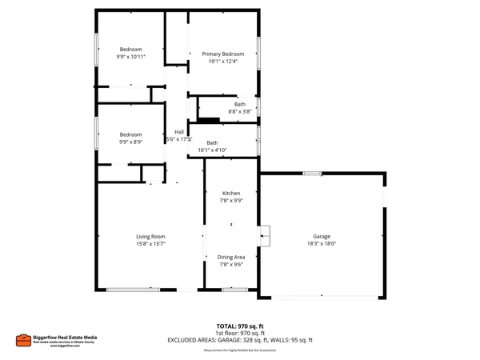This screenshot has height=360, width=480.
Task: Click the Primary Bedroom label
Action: (x=222, y=54)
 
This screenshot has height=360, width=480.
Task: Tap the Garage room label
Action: (x=322, y=237)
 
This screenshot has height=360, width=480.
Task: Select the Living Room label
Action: (x=150, y=236)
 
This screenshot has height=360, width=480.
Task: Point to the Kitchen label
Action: (x=231, y=194)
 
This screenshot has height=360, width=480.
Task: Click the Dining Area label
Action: (x=231, y=257)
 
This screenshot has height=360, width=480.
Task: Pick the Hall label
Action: (x=180, y=132)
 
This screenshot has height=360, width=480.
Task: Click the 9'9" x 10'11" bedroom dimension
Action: (x=131, y=57)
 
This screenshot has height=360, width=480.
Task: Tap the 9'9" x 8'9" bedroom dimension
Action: (x=131, y=142)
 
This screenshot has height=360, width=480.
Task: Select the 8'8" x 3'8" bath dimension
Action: (x=240, y=112)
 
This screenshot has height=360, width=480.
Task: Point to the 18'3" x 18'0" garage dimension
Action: (x=322, y=244)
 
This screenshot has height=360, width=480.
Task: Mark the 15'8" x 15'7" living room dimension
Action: (x=150, y=243)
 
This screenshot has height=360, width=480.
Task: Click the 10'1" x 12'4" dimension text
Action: (x=222, y=61)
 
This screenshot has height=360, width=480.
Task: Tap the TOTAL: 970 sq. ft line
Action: (x=240, y=326)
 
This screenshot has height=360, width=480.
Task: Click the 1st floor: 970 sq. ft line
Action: (x=240, y=333)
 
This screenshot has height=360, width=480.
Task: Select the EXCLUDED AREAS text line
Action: (x=240, y=340)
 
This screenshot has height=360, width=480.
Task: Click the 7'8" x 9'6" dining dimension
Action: (x=231, y=264)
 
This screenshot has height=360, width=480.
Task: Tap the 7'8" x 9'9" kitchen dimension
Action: (x=231, y=201)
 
